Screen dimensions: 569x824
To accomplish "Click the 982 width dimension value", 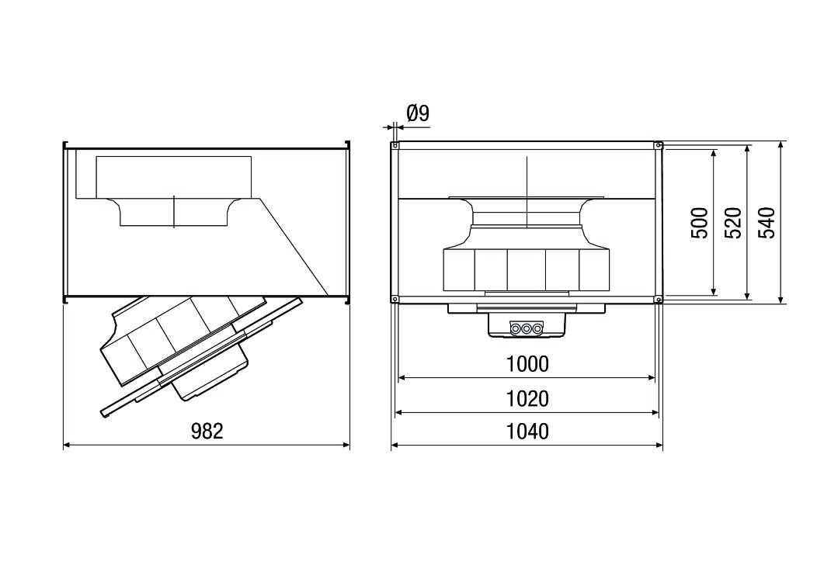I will pos(207,432).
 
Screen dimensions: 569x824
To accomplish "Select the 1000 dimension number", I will pos(527,364).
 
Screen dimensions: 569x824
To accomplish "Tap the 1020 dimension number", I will pos(527,398).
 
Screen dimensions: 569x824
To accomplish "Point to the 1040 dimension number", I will pos(527,432).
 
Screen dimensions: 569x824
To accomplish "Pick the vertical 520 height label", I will pos(734,223).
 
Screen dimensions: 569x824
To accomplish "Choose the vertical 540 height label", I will pos(767,223).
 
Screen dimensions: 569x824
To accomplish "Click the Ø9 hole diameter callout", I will pos(417,114).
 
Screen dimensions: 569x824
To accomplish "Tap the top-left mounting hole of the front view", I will pos(395,145).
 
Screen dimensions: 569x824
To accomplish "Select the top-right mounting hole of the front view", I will pos(659,145).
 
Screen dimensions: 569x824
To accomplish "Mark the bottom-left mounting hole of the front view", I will pos(395,300).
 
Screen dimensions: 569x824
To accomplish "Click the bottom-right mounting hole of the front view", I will pos(659,300).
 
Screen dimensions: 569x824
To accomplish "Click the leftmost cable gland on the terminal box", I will pos(515,329).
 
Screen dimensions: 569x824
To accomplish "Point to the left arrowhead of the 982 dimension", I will pos(67,445).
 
